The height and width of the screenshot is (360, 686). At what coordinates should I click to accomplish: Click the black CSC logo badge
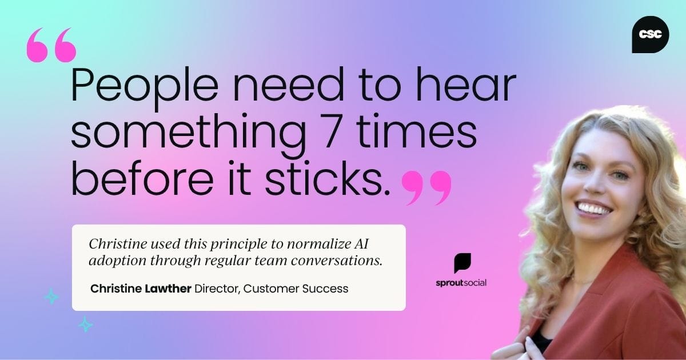(x=651, y=35)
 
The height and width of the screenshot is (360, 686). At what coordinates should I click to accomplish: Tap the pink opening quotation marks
(x=51, y=46)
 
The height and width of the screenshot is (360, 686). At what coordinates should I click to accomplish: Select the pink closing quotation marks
(x=426, y=186)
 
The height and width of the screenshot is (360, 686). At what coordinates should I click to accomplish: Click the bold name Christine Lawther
(x=141, y=289)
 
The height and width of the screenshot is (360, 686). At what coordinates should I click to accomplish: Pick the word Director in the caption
(x=217, y=289)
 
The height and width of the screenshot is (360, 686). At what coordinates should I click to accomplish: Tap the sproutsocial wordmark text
(x=461, y=282)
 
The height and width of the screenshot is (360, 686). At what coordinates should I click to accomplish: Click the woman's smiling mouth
(x=595, y=208)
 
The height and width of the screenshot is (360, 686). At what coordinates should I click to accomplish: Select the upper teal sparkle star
(x=51, y=296)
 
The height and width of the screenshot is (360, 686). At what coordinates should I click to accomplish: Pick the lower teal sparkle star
(x=85, y=324)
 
